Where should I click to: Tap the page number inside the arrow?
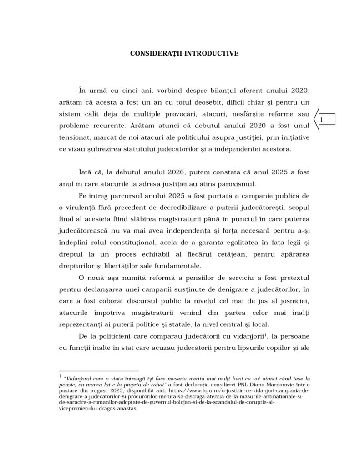click(x=322, y=119)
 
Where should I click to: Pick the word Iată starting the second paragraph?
click(x=86, y=173)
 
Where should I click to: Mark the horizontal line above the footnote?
click(x=99, y=371)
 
